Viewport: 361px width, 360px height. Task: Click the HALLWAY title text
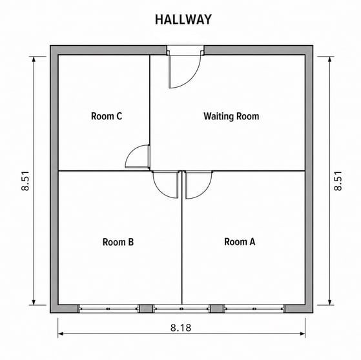183,19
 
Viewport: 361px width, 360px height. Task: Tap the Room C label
107,116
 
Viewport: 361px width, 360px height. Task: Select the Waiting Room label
231,116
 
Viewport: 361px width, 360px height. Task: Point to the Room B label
118,242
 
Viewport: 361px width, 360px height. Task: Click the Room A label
240,242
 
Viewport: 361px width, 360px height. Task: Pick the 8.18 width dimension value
181,328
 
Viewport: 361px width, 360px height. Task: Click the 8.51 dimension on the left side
25,181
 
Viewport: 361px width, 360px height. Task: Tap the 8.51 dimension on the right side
338,181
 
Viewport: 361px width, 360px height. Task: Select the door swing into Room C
130,151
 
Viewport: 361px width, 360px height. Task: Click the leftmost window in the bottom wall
108,308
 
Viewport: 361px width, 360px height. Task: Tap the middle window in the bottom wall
181,308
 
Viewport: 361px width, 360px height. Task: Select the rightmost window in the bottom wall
254,308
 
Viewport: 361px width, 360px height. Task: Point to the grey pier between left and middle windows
146,308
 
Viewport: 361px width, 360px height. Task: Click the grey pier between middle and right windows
217,308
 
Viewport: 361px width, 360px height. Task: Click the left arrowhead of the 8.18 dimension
60,334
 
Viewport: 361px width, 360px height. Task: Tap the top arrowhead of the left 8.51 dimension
34,59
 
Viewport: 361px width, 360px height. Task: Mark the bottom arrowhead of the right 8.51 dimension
329,303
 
